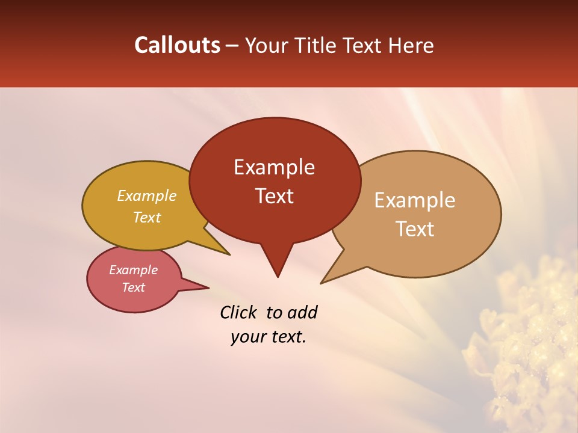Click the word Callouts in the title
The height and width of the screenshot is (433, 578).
pyautogui.click(x=177, y=45)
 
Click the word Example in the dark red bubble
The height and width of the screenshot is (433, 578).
pyautogui.click(x=275, y=167)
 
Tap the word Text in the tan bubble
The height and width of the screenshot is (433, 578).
pyautogui.click(x=415, y=229)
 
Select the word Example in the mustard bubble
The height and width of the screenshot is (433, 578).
pyautogui.click(x=147, y=196)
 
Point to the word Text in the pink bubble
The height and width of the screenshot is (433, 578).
pyautogui.click(x=134, y=287)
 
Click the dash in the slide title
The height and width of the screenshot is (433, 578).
pyautogui.click(x=232, y=46)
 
